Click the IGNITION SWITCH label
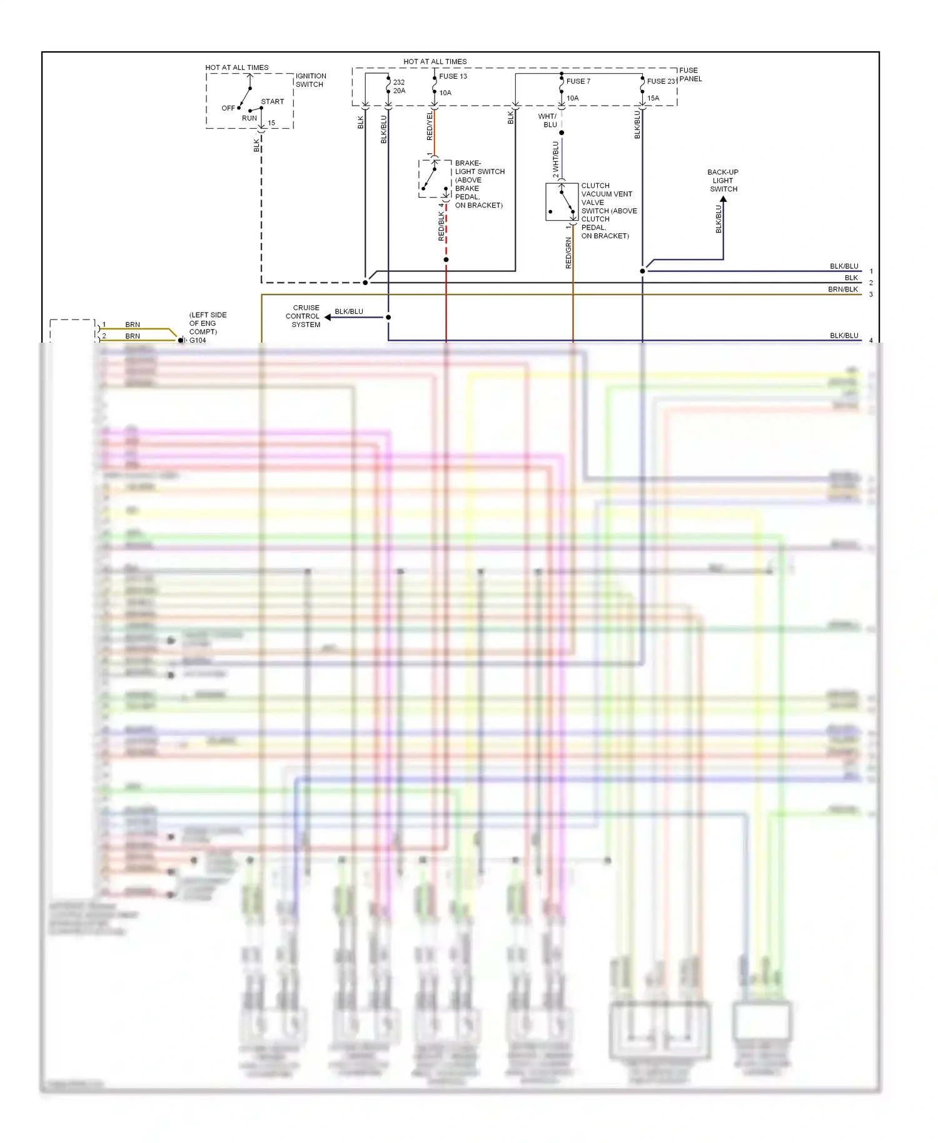click(310, 80)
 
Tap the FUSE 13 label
click(453, 76)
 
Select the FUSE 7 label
click(578, 81)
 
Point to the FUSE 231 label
click(662, 81)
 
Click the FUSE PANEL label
click(690, 74)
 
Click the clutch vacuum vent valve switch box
click(562, 201)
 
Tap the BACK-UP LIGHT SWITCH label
click(723, 181)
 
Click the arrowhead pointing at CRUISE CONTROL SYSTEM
click(328, 317)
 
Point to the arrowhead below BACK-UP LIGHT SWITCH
click(724, 200)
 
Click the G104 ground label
click(198, 340)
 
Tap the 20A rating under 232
click(399, 91)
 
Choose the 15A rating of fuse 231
click(653, 98)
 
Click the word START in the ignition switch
click(272, 101)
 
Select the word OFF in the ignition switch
click(228, 108)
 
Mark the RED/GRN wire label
click(568, 253)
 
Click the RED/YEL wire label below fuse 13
click(430, 126)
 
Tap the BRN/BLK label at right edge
click(842, 290)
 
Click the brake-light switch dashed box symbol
click(435, 179)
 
